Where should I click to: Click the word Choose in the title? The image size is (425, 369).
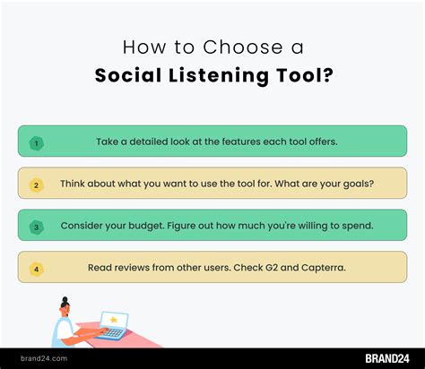tap(243, 47)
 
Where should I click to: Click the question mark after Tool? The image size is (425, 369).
tap(327, 74)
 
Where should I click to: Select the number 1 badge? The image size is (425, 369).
tap(37, 143)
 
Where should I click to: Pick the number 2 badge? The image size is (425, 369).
tap(36, 185)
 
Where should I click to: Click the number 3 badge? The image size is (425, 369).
tap(37, 227)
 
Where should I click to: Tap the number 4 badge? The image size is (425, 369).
tap(37, 270)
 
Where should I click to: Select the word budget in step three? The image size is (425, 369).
tap(146, 226)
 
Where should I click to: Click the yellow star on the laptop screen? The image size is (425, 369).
tap(114, 320)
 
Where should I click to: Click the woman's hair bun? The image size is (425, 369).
tap(65, 299)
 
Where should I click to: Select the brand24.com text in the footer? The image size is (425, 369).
tap(44, 358)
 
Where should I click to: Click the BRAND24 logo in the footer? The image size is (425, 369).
tap(387, 358)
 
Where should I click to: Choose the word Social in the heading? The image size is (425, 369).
tap(128, 75)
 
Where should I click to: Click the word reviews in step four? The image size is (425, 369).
tap(132, 268)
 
